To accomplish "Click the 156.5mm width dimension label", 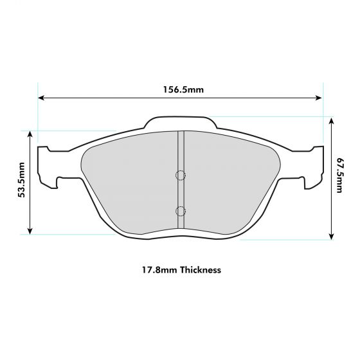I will point(181,89).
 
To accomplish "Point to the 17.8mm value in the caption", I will point(157,270).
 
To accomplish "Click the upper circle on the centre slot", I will point(181,175).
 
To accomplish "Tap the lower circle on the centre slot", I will point(181,210).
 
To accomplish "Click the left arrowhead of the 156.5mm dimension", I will point(41,98).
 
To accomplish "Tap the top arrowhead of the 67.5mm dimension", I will point(331,120).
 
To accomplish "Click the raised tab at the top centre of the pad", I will point(179,123).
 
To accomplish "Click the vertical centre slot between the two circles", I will point(181,193).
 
